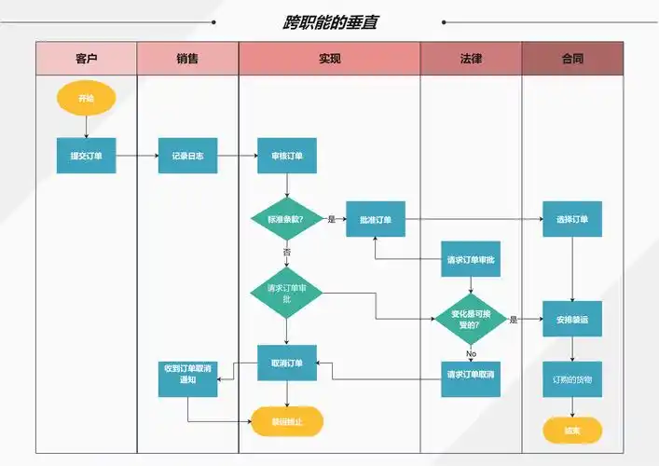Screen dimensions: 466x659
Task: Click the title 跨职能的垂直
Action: point(331,21)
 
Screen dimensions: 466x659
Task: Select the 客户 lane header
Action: point(87,59)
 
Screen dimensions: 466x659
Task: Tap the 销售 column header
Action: point(187,59)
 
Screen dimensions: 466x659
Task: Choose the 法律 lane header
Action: point(471,59)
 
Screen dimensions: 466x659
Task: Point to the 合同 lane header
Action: point(572,59)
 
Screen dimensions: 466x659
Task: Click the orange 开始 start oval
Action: point(87,98)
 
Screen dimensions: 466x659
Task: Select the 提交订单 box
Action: point(87,156)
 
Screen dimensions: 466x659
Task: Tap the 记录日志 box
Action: point(187,156)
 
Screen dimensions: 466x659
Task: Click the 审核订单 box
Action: point(287,156)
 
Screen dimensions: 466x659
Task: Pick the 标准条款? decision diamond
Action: point(286,220)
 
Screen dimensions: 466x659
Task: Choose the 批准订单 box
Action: point(376,220)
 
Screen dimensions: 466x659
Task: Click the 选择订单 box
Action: point(572,220)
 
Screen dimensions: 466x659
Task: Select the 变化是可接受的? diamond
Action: point(471,320)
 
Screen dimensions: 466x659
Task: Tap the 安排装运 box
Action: point(572,320)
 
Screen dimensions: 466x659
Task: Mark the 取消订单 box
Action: point(287,363)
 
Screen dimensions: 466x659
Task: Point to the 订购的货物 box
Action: point(572,379)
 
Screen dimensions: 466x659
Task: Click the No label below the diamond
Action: point(471,354)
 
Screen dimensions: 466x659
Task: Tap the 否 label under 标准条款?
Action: point(287,253)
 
